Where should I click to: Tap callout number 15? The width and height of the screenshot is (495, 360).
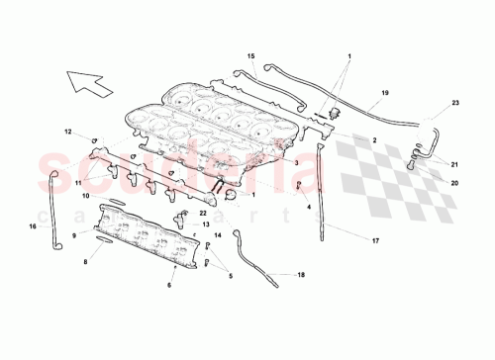(x=250, y=56)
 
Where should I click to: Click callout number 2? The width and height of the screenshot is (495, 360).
(x=374, y=141)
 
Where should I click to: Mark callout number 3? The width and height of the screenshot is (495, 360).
(x=296, y=160)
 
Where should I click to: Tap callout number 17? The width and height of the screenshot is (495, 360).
(x=374, y=240)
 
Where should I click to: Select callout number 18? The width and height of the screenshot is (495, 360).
(x=301, y=278)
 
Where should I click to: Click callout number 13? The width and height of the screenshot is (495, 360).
(x=206, y=225)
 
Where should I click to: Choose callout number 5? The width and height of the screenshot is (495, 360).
(x=231, y=276)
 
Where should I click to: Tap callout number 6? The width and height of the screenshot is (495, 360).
(x=168, y=285)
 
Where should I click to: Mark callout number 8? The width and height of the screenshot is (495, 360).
(x=85, y=262)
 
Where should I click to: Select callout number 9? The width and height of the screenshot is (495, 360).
(x=73, y=235)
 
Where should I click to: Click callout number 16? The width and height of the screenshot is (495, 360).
(x=32, y=226)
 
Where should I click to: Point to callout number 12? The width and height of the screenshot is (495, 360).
(x=68, y=132)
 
